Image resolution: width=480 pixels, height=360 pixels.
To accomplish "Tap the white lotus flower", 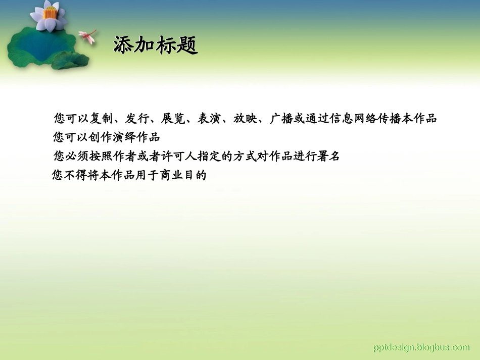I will tap(48, 16).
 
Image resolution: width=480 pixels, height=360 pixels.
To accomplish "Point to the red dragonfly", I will tap(88, 36).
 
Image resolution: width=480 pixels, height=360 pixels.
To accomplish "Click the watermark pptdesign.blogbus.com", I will tap(421, 347).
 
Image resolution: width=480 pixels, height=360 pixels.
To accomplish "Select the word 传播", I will tap(395, 119).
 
